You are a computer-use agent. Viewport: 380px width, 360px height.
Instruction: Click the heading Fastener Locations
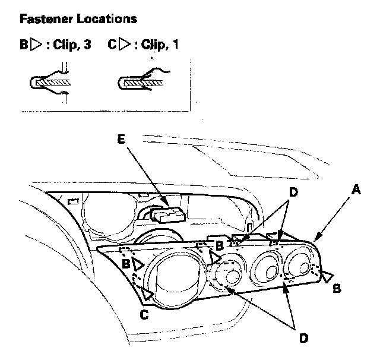(78, 19)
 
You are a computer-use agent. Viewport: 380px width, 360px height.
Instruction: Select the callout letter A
(355, 190)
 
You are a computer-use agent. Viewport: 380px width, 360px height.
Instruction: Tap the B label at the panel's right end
(336, 289)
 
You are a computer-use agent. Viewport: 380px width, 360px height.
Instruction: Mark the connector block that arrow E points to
(169, 212)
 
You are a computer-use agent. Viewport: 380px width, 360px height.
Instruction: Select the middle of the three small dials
(267, 270)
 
